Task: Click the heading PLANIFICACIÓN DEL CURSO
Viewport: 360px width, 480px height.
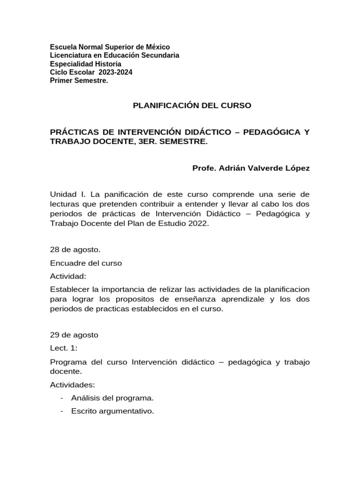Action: pos(192,105)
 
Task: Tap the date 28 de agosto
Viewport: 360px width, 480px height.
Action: pos(75,249)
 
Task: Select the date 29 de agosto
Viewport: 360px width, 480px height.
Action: pos(74,335)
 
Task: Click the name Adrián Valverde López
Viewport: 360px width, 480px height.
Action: pos(265,168)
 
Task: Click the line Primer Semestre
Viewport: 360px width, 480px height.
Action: pos(79,81)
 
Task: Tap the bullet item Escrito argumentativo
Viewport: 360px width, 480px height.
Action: pos(112,411)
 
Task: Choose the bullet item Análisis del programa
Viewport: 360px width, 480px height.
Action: pos(112,398)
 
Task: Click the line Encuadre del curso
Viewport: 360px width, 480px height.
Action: pos(86,263)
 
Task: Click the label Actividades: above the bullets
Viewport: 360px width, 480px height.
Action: pos(72,385)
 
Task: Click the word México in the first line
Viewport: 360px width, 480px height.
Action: pos(157,47)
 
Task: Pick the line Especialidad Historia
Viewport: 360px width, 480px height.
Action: pos(85,64)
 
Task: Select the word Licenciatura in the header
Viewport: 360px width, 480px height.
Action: pos(72,55)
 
